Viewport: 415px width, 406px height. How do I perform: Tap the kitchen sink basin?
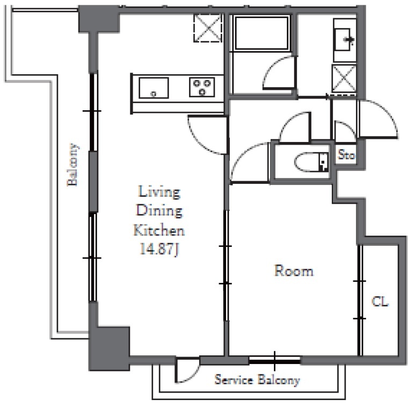pos(154,88)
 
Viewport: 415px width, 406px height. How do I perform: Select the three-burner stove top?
pos(202,87)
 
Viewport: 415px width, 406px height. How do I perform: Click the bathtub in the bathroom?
pos(261,33)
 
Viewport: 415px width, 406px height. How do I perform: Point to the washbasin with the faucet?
pos(344,40)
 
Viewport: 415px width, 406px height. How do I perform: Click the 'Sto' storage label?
pos(346,155)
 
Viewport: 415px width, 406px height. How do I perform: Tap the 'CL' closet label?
pos(380,302)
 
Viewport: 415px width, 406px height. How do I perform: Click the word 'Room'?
pos(294,270)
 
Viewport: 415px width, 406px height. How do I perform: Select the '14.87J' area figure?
pos(159,250)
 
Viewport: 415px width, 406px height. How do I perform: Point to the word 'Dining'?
pos(159,211)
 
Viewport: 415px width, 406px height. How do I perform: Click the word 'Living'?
pos(159,191)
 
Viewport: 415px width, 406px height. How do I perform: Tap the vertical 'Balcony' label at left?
pos(72,165)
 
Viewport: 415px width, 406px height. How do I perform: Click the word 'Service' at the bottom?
pos(234,380)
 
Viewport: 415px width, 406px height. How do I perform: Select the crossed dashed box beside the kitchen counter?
pos(207,28)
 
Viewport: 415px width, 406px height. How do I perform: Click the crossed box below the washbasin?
pos(344,79)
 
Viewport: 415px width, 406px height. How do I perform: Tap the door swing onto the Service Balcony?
pos(187,371)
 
